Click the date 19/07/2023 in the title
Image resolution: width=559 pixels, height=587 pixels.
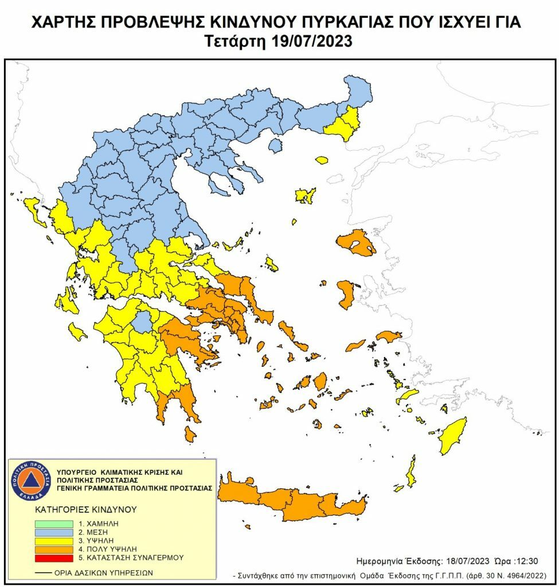[308, 41]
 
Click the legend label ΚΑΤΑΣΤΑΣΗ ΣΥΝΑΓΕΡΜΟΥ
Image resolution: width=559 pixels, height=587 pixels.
[135, 557]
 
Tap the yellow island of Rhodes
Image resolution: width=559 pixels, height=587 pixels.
[452, 436]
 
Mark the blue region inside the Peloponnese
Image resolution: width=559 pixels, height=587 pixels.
[141, 322]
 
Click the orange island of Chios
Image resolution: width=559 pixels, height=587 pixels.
[346, 294]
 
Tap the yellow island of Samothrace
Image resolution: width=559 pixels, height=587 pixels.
[321, 162]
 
